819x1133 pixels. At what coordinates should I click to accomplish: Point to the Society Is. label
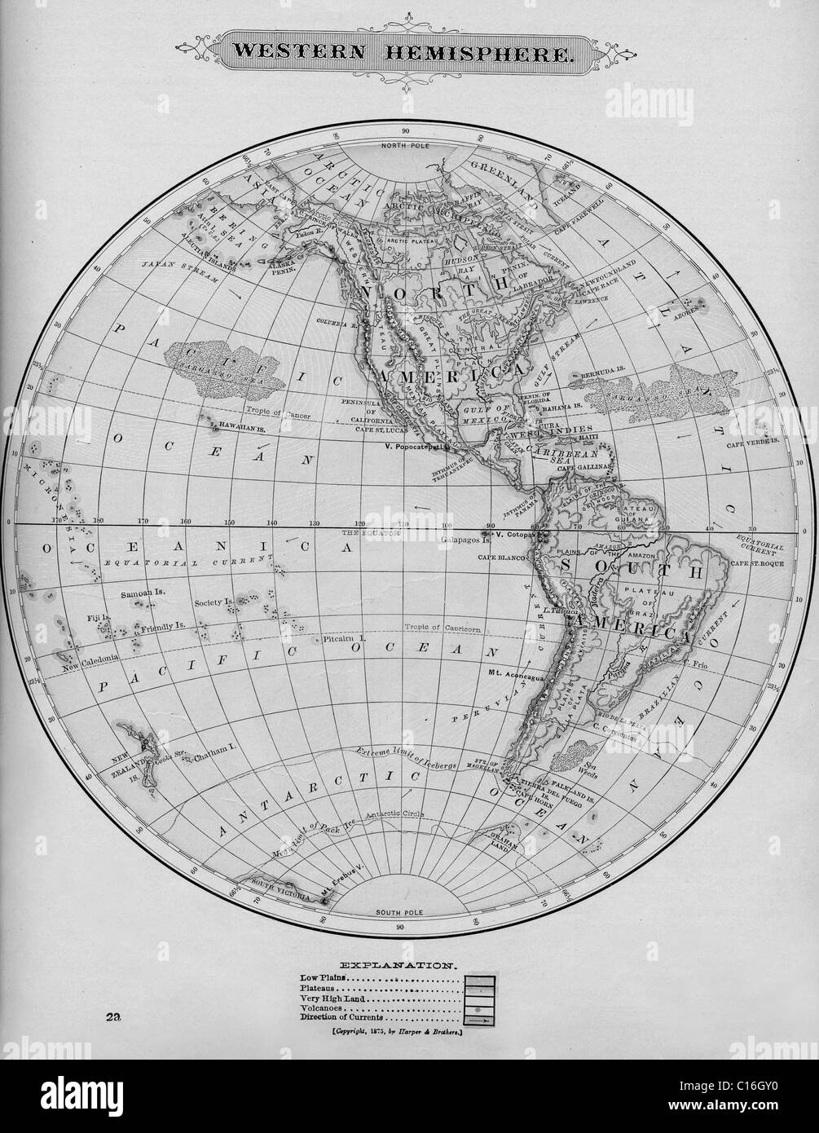pyautogui.click(x=214, y=603)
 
